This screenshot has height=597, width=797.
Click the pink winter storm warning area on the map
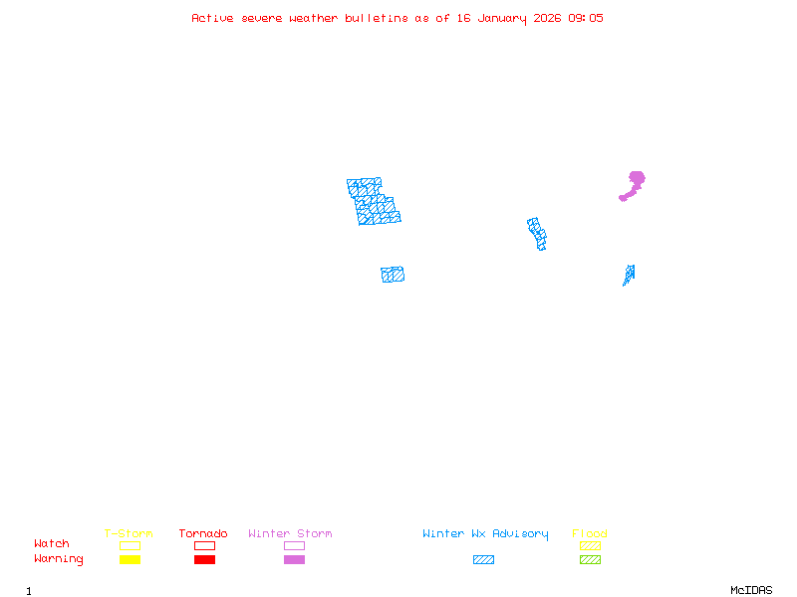635,181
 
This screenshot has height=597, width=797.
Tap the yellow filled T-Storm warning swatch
130,560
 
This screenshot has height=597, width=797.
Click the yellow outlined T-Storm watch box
130,545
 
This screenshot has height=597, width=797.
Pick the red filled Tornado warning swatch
204,560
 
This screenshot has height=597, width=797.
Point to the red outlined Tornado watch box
204,545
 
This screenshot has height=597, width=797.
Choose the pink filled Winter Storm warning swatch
294,560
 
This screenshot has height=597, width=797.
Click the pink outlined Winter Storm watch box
294,545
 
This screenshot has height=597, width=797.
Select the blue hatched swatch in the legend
483,560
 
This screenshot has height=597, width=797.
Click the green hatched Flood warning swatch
590,560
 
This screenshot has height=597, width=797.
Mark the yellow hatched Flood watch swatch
590,545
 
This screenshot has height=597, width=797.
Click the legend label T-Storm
129,534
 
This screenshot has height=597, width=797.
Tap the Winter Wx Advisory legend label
485,534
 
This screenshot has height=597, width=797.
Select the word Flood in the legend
590,534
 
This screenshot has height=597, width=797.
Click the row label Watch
52,544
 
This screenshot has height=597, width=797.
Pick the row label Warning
59,559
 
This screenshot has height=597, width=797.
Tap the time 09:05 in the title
585,18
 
